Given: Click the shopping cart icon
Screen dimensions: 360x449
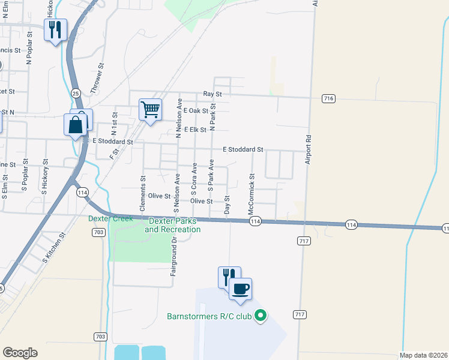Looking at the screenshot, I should tap(150, 110).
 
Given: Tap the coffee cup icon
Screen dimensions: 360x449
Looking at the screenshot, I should tap(241, 289).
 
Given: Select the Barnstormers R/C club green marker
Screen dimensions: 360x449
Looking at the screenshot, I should tap(261, 315).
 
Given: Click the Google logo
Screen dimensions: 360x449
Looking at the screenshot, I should tap(20, 353).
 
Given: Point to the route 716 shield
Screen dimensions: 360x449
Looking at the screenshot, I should tap(328, 98).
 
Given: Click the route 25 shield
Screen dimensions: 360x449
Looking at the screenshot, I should tap(76, 93).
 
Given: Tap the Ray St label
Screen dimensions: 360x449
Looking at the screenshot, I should tap(212, 94).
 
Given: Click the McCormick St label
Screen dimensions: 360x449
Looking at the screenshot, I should tap(252, 195).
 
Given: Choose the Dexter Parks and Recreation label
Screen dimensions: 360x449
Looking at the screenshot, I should tap(172, 225).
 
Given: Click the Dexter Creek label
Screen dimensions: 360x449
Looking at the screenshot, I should tap(110, 218).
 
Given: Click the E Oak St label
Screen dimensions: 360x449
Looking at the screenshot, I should tap(196, 111).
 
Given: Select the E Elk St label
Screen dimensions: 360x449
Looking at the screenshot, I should tap(195, 130).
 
